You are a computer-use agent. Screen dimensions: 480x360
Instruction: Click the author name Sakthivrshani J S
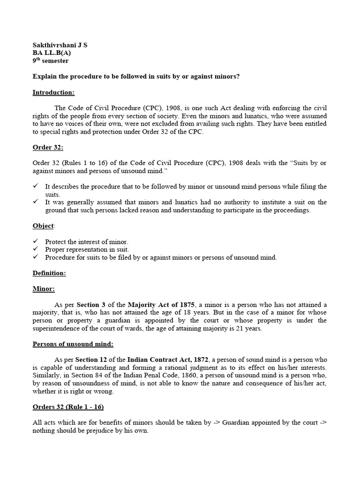coord(60,45)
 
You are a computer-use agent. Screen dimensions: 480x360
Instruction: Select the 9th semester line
coord(50,61)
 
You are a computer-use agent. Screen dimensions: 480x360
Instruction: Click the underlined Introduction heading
coord(53,92)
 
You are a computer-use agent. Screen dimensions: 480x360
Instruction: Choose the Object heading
coord(43,226)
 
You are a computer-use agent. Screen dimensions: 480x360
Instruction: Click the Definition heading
coord(49,273)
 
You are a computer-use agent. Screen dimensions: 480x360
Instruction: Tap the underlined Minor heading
coord(44,289)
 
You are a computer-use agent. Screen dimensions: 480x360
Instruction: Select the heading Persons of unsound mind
coord(73,344)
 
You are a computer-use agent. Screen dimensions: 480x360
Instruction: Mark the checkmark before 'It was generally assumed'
coord(36,202)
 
